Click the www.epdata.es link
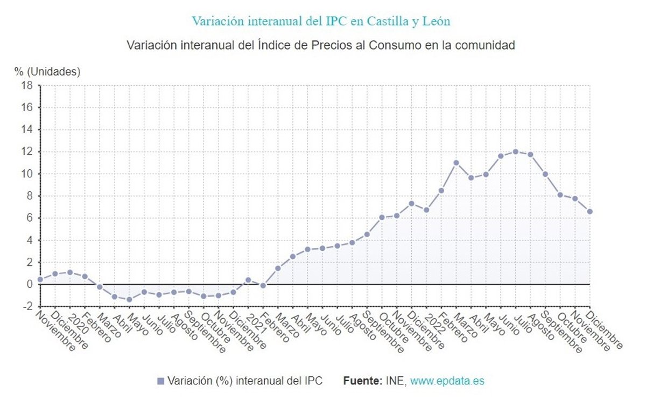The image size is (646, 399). coord(447,381)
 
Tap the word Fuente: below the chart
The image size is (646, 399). coord(362,381)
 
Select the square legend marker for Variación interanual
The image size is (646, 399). coord(160,381)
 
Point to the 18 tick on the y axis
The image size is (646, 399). coord(27,86)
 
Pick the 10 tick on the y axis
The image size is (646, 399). coord(27,174)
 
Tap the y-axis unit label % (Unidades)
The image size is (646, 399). coord(47,71)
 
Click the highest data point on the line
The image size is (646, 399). coord(515,152)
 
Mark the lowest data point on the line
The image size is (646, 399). coord(129,299)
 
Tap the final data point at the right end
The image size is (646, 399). coord(589,211)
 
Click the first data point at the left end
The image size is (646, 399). coord(40,279)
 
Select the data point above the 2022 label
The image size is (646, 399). coord(426,210)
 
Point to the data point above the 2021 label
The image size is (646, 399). coord(248,280)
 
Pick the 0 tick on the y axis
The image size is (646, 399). coord(30,284)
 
